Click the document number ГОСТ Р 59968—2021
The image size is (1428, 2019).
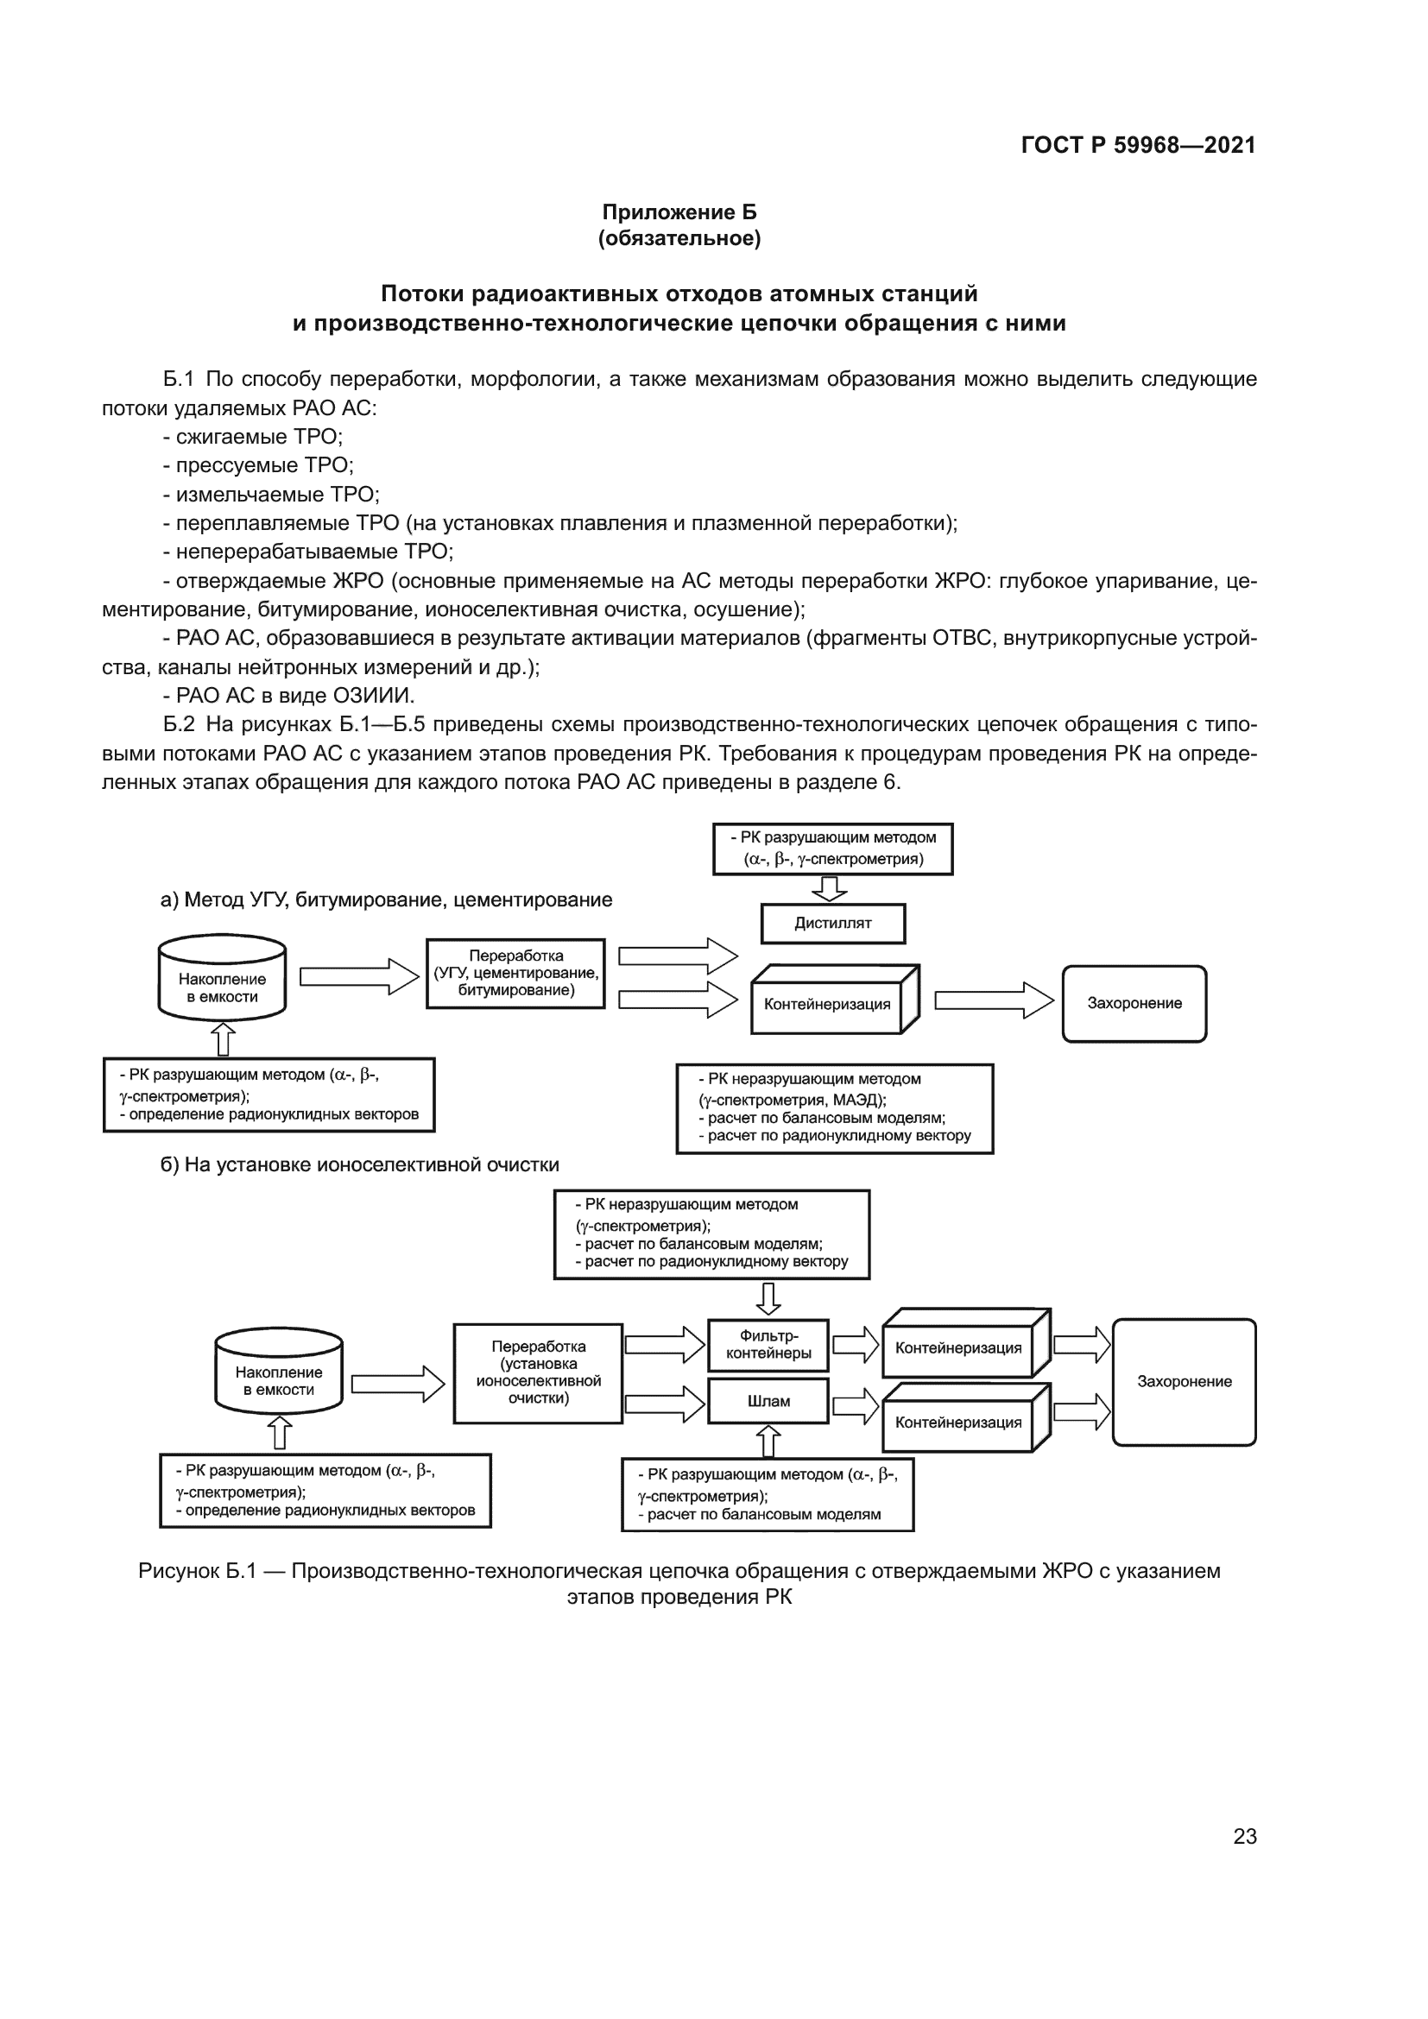[1138, 145]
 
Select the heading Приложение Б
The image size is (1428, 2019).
[679, 212]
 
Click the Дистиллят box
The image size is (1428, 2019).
[832, 924]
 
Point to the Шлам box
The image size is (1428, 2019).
[768, 1401]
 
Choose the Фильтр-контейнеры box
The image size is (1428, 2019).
[768, 1345]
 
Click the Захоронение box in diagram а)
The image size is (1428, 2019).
[1134, 1003]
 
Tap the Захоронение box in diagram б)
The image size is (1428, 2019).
[1184, 1381]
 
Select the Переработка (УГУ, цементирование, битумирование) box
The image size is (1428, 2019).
[515, 973]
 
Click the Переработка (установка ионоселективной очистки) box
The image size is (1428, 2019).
[537, 1372]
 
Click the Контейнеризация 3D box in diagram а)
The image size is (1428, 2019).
[830, 1003]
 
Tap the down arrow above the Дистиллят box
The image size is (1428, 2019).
[829, 888]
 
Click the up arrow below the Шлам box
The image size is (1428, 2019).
[768, 1442]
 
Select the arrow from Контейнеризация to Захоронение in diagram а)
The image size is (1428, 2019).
[993, 1000]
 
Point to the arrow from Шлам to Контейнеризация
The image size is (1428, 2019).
[855, 1405]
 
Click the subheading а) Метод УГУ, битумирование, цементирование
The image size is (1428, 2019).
[386, 899]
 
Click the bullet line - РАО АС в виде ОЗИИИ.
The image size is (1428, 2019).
[288, 695]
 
